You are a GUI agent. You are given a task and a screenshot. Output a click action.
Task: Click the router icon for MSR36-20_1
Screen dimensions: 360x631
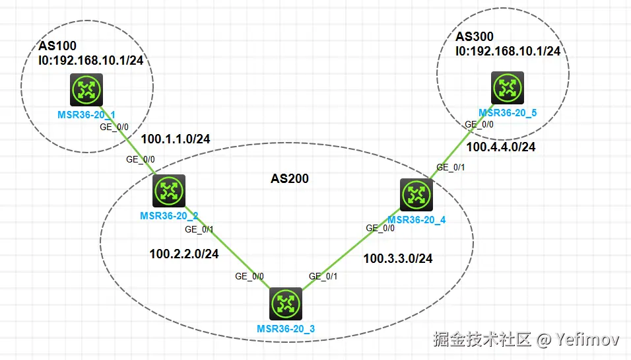(x=86, y=90)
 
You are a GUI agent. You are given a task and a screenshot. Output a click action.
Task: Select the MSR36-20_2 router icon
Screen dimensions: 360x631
(x=170, y=192)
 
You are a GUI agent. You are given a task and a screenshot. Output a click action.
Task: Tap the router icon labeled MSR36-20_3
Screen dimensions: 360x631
(x=286, y=305)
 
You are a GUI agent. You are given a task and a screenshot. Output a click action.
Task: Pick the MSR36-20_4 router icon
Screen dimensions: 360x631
(x=416, y=195)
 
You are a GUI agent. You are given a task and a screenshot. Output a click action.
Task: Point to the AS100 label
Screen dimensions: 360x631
(x=57, y=46)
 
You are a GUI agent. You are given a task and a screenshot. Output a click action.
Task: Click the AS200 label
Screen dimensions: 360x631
(x=290, y=178)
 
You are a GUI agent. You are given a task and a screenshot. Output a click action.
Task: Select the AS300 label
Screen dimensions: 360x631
(x=475, y=36)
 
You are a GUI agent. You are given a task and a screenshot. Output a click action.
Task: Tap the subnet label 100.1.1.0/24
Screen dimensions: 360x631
(x=176, y=138)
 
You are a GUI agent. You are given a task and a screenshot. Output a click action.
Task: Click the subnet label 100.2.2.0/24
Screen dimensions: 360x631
(x=184, y=253)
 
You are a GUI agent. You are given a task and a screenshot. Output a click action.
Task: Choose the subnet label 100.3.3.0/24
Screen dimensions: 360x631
(x=398, y=258)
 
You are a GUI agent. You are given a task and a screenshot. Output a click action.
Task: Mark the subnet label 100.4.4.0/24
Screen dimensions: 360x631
(x=501, y=147)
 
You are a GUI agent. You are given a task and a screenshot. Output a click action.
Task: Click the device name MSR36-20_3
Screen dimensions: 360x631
(x=286, y=328)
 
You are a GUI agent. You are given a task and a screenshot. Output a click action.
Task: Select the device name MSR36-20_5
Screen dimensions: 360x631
(x=508, y=113)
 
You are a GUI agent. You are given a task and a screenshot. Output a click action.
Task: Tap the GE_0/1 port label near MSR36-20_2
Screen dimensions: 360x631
(x=199, y=230)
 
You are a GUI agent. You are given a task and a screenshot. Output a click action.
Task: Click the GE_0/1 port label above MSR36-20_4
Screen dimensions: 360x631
(x=450, y=167)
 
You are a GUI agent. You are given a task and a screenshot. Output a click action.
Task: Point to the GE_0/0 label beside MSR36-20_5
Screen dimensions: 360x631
(x=479, y=124)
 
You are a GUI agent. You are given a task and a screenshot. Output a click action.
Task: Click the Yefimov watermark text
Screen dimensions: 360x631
(x=587, y=340)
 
